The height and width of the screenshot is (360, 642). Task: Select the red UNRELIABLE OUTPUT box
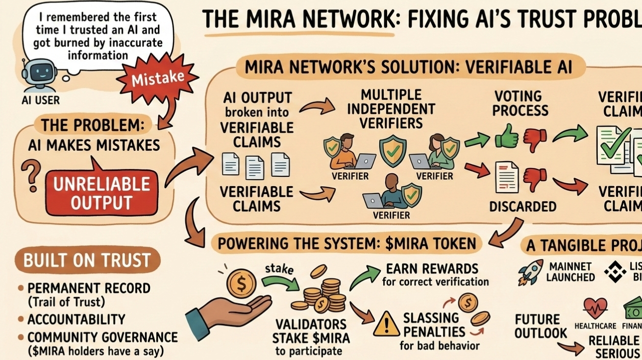(101, 193)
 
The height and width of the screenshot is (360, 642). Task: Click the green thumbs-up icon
(506, 137)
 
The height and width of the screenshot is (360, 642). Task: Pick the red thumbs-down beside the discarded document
(535, 179)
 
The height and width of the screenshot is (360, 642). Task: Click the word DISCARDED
(523, 207)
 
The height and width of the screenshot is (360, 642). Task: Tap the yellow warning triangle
(387, 325)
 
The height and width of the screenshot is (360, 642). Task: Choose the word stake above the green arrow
(279, 268)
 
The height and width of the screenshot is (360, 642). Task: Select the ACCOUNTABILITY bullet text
(76, 319)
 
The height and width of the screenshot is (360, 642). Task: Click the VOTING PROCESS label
(520, 103)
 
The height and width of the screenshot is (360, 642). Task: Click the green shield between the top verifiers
(393, 151)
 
